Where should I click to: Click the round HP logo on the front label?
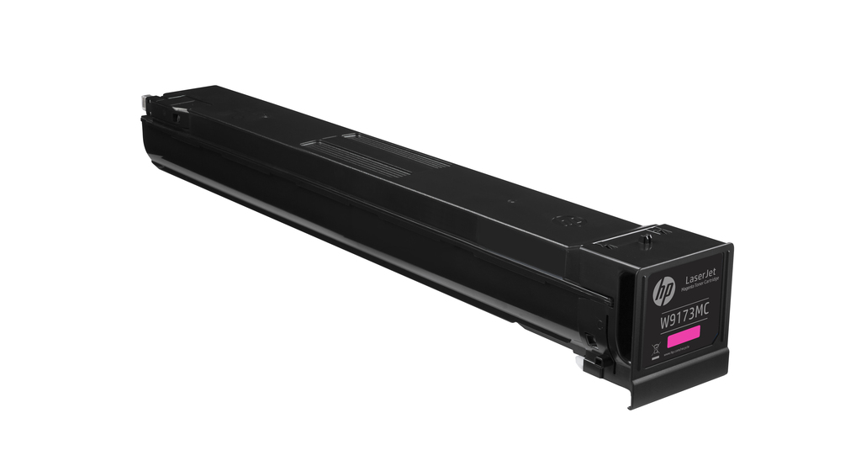coord(663,292)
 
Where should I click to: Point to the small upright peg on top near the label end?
coord(646,239)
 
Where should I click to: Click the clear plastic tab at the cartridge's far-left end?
coord(145,102)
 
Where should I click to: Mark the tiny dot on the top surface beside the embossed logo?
coord(510,200)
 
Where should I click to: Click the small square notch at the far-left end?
coord(176,118)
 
